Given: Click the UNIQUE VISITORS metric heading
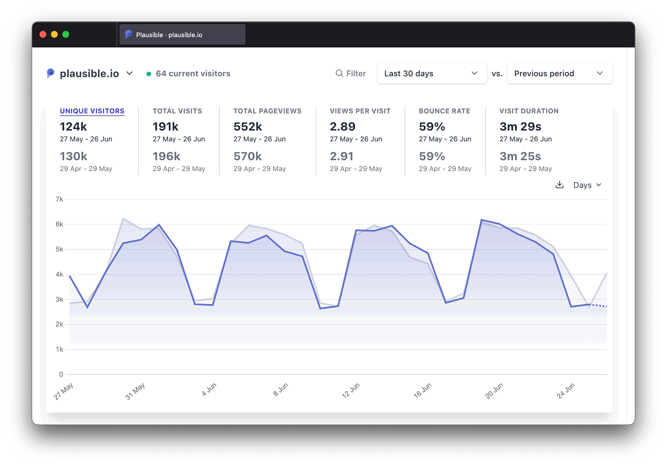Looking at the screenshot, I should coord(92,111).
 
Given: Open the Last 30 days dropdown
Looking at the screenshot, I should coord(431,73).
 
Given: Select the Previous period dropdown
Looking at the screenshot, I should coord(559,73).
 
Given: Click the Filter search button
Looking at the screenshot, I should coord(351,73).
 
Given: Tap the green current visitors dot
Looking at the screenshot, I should coord(149,74).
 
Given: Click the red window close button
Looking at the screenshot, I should coord(43,34).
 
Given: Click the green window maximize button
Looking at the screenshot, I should coord(65,34).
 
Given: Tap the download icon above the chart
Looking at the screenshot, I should coord(559,185).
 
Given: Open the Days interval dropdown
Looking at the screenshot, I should coord(587,185).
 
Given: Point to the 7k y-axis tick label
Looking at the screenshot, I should coord(59,199).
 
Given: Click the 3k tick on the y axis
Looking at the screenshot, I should coord(59,299).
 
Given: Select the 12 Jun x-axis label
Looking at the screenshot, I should coord(351,390).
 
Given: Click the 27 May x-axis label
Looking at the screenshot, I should coord(63,391).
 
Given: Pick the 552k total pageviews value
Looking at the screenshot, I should coord(248,126).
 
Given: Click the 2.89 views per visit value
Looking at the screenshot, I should coord(342,126).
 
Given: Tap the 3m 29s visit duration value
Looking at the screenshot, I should coord(520,126).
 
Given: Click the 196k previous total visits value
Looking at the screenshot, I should coord(166,156).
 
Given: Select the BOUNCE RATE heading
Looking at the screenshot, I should coord(444,111).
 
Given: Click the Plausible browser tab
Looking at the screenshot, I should coord(182,35).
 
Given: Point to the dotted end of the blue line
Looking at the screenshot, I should coord(599,305).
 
